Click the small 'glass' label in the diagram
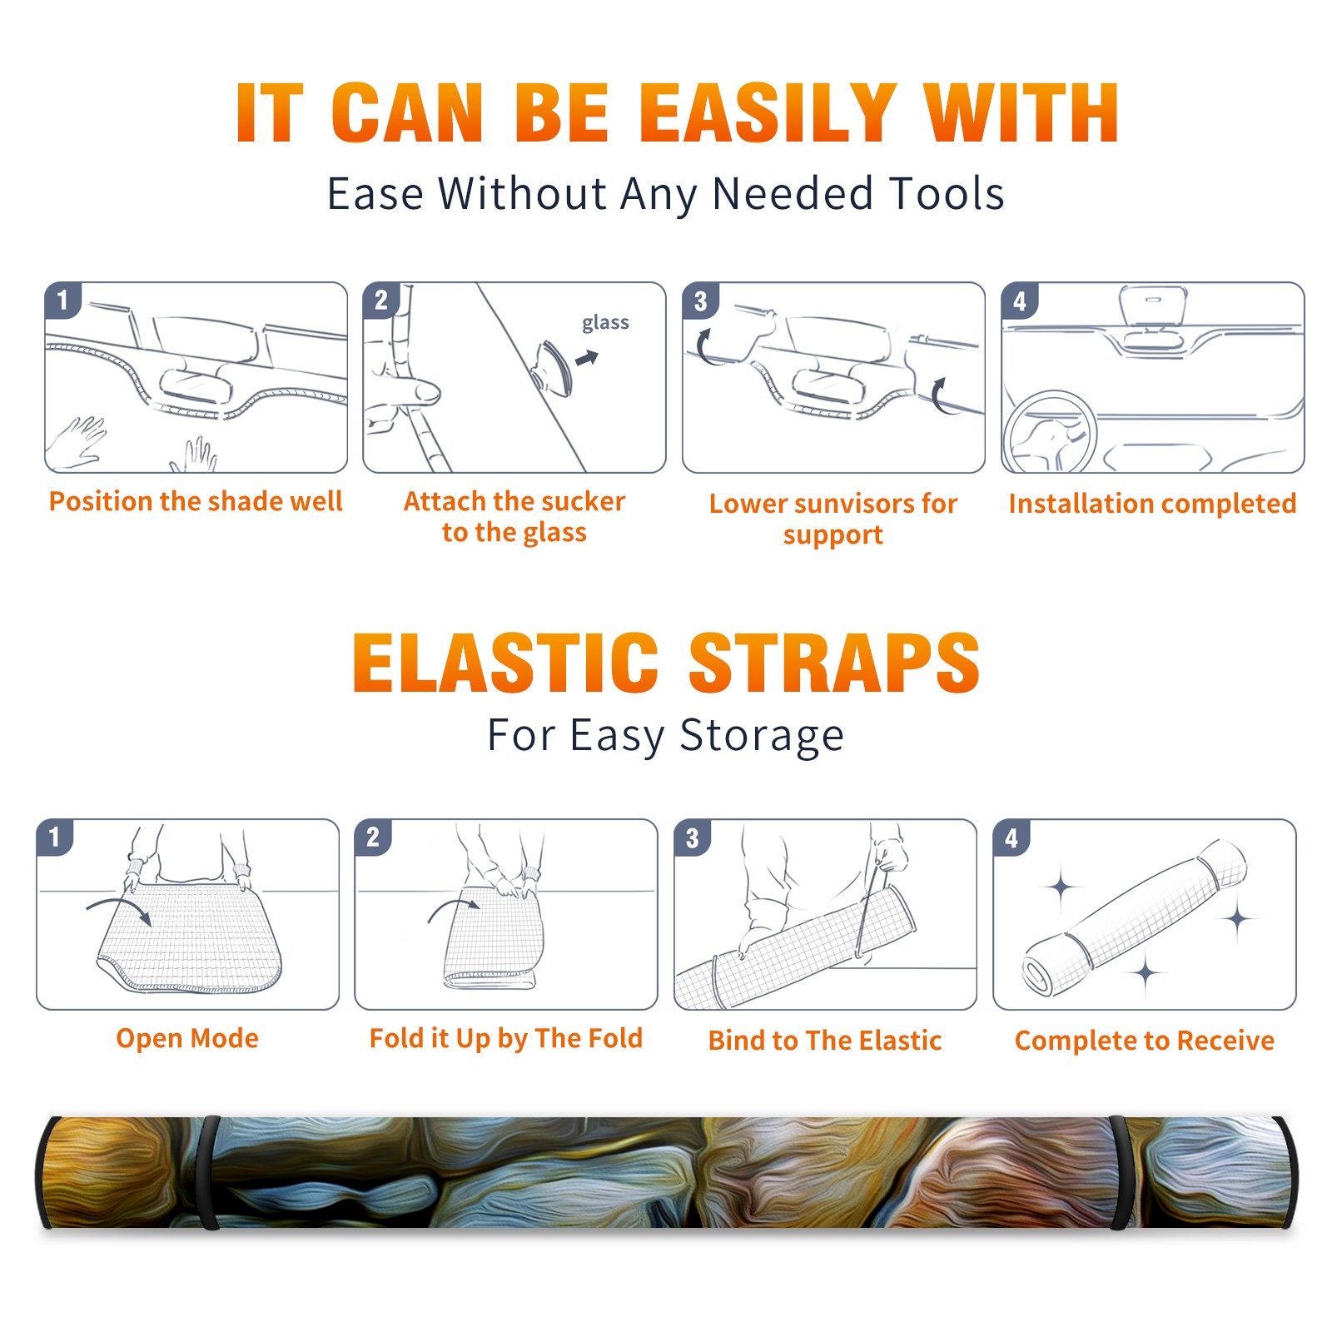tap(605, 323)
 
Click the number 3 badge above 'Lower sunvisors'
tap(699, 301)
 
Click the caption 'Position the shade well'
tap(196, 501)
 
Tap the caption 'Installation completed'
tap(1152, 504)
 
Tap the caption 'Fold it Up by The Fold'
tap(506, 1039)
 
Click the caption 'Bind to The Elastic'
tap(825, 1041)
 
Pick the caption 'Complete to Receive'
tap(1145, 1041)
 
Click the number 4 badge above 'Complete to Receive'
tap(1011, 837)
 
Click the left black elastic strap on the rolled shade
tap(209, 1173)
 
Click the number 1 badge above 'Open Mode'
tap(54, 837)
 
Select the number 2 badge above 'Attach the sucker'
tap(380, 300)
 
